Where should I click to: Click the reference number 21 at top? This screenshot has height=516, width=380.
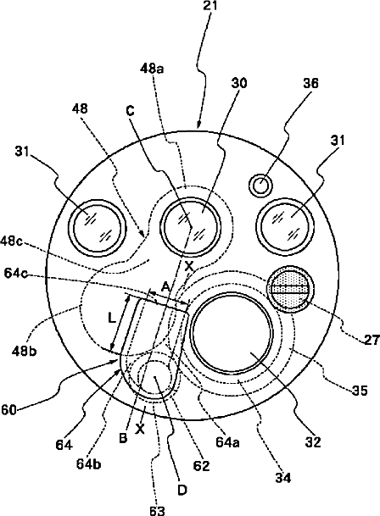(210, 6)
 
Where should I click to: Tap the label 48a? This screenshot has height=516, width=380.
(152, 69)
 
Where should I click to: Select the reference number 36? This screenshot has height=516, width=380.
(310, 83)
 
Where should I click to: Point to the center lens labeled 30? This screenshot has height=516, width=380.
(192, 225)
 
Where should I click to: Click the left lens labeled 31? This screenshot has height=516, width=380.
(98, 227)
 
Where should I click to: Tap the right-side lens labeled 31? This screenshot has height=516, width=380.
(285, 226)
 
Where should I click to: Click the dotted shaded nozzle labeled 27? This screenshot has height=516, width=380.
(290, 290)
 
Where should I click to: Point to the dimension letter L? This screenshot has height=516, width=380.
(112, 319)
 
